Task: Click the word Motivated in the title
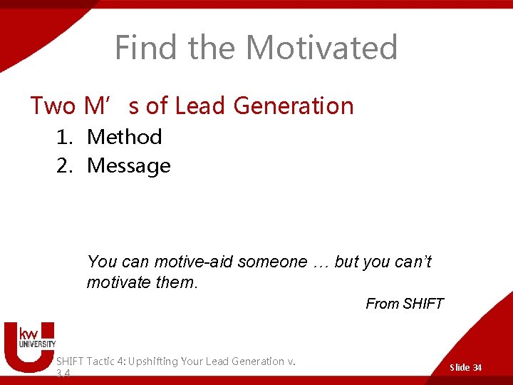tap(321, 48)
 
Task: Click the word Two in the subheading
tap(53, 106)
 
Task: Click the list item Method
tap(125, 136)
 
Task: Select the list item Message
tap(129, 165)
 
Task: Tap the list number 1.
tap(65, 136)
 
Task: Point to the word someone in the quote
tap(271, 262)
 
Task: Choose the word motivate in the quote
tap(118, 282)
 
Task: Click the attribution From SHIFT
tap(404, 304)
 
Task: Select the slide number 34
tap(477, 367)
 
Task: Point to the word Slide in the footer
tap(460, 367)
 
